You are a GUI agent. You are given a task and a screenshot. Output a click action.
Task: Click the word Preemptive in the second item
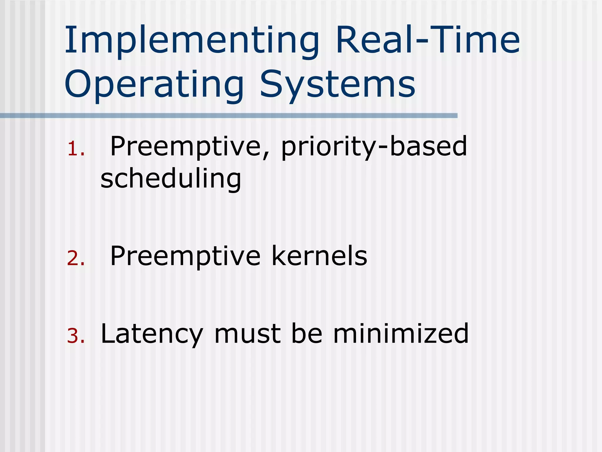point(185,256)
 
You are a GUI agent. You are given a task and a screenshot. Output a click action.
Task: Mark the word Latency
point(152,334)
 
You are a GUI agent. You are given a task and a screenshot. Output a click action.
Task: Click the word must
point(247,334)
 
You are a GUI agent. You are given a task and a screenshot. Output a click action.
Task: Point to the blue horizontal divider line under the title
point(229,116)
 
